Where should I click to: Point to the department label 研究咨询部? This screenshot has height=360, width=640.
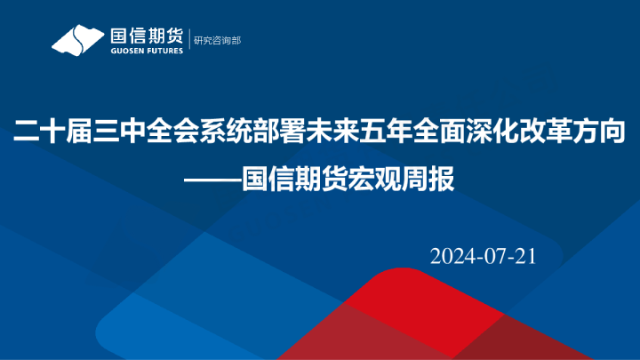pyautogui.click(x=217, y=40)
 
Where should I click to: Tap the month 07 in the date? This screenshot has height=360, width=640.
pyautogui.click(x=495, y=256)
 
